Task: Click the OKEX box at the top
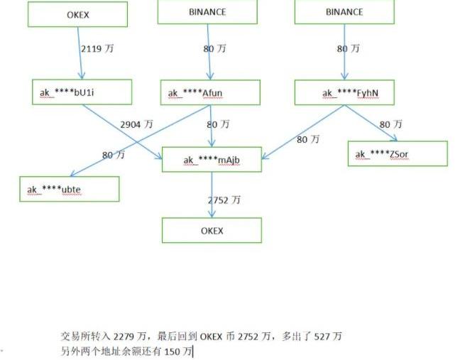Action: coord(78,14)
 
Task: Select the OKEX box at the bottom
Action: coord(212,231)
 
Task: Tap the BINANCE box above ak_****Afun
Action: coord(207,12)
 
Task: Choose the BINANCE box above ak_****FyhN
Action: coord(344,12)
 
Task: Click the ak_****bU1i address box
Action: coord(82,92)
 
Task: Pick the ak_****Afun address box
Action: coord(211,92)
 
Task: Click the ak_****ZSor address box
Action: coord(398,153)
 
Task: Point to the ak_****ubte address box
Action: coord(69,189)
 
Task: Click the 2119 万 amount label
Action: coord(96,49)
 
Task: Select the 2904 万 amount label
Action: coord(136,124)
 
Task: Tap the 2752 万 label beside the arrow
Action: coord(224,200)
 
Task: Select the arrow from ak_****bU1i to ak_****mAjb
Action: coord(121,130)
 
